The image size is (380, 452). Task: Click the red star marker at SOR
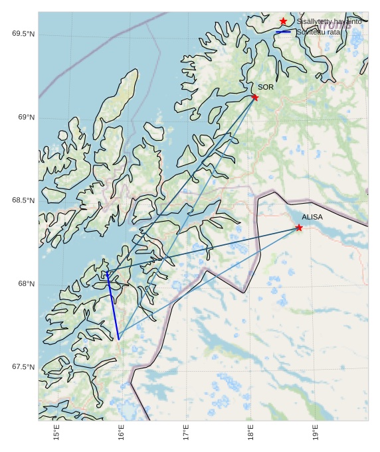tap(254, 98)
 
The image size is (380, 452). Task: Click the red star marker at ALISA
tap(299, 228)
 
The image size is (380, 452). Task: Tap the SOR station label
tap(266, 87)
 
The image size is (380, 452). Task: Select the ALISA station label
tap(312, 217)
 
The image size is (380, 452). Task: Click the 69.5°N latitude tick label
tap(23, 34)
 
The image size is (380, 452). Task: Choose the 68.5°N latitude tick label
tap(23, 200)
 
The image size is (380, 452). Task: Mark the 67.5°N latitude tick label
tap(23, 367)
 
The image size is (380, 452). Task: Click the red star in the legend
tap(284, 22)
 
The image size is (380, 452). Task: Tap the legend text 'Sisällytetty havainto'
tap(329, 22)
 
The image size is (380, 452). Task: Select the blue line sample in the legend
tap(284, 32)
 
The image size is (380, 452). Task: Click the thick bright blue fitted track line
tap(112, 305)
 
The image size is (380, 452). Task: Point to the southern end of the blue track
tap(118, 339)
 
